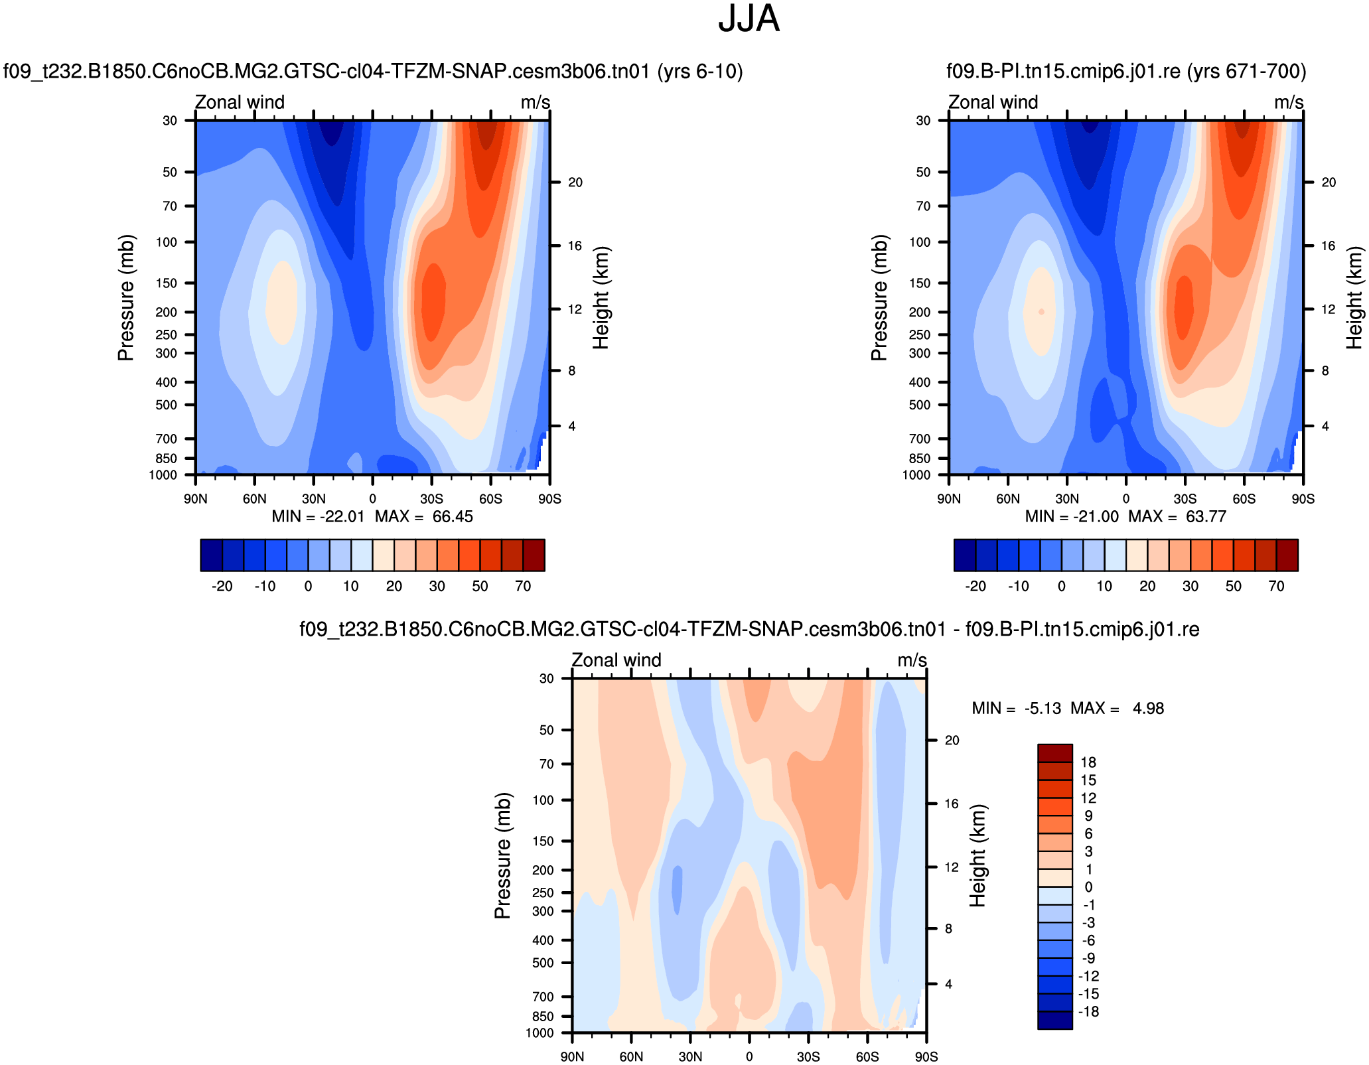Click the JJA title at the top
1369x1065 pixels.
click(x=749, y=19)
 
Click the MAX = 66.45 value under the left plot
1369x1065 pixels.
click(x=424, y=517)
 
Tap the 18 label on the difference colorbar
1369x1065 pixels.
click(x=1088, y=762)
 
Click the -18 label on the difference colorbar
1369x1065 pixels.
click(x=1088, y=1012)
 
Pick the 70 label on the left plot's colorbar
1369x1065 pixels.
click(x=523, y=587)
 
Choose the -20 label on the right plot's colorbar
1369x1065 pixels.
click(x=975, y=587)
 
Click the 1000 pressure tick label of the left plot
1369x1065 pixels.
click(x=163, y=475)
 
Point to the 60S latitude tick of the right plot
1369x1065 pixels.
click(x=1244, y=499)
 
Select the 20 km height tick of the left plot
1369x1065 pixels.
click(x=575, y=182)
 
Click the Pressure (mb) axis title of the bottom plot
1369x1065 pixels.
click(x=502, y=855)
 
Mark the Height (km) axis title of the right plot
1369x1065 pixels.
click(x=1354, y=297)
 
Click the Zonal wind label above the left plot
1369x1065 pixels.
click(x=240, y=102)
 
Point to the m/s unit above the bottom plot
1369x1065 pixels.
click(x=912, y=660)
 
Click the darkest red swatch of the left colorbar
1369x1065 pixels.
click(x=534, y=555)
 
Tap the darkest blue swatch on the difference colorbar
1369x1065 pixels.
click(x=1054, y=1021)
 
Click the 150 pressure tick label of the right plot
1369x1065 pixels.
click(x=920, y=283)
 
